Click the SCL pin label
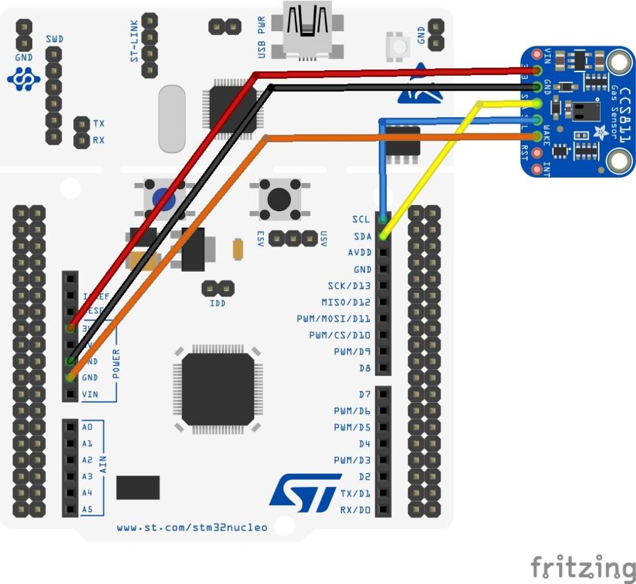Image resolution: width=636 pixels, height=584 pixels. point(361,220)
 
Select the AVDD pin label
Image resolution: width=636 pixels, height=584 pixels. point(359,253)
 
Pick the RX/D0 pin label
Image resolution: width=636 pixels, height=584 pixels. point(355,510)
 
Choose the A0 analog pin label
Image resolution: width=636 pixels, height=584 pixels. point(87,427)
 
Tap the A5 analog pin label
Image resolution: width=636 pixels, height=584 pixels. point(87,510)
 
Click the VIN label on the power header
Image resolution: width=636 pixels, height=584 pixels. point(89,394)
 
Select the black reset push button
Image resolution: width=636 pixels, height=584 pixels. point(279,199)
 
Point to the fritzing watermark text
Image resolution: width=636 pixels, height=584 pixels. point(583,567)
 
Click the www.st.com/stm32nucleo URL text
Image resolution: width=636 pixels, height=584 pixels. point(192,528)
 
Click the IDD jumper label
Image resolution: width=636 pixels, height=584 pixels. point(217,303)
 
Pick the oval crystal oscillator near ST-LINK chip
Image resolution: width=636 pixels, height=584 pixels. point(172,119)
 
